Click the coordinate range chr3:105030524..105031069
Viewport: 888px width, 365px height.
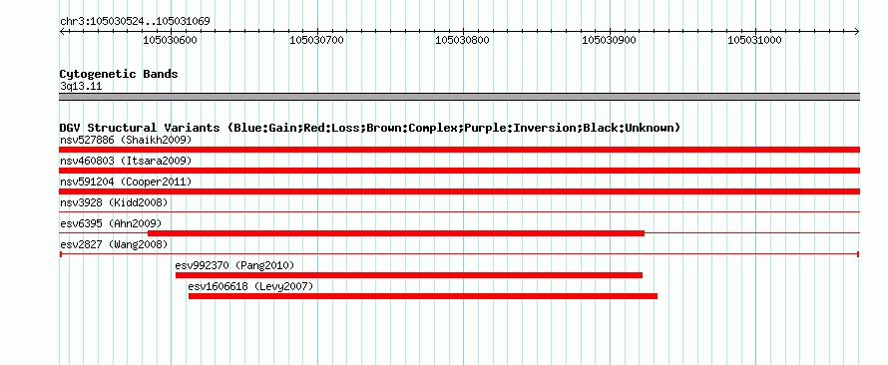click(x=135, y=22)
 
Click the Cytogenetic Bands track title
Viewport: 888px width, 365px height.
click(x=119, y=74)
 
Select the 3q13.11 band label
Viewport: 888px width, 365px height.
click(x=81, y=87)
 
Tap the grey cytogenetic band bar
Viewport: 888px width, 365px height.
click(x=459, y=97)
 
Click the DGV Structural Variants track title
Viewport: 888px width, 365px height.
click(x=370, y=128)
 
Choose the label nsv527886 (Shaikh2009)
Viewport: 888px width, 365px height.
click(x=126, y=140)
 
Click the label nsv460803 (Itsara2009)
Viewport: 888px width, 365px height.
click(x=126, y=161)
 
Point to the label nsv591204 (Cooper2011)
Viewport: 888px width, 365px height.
click(x=126, y=182)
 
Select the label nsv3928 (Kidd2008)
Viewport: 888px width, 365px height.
click(x=114, y=202)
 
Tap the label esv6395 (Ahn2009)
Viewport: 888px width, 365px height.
click(x=111, y=223)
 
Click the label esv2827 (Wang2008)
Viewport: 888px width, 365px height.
click(x=114, y=244)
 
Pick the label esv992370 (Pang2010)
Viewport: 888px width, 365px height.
click(x=235, y=265)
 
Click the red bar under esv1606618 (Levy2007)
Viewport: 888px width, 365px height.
click(x=422, y=296)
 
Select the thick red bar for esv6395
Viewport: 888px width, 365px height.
click(x=396, y=233)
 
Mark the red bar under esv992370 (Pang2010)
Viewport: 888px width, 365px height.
click(x=409, y=275)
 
